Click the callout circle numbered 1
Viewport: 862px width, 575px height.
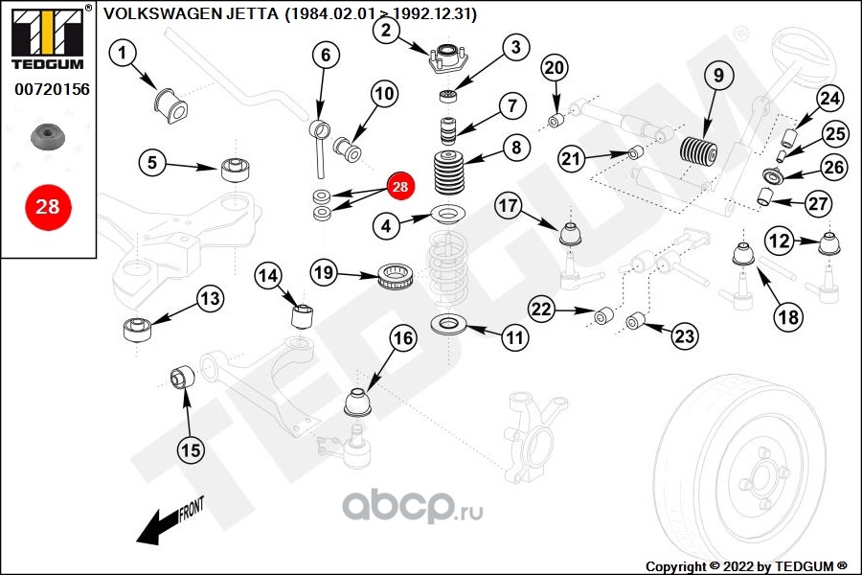122,53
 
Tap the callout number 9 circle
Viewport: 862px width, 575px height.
719,76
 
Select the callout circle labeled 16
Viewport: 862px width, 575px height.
403,338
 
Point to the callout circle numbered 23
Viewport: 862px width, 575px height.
685,335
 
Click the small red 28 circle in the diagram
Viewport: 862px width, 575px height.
400,187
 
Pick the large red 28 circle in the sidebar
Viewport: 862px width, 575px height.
48,207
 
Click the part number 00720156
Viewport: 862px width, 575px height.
52,89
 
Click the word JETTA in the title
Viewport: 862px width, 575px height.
252,13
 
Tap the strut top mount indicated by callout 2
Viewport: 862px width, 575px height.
448,59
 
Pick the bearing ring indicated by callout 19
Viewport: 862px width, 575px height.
395,277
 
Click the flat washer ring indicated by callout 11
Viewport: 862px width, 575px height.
448,324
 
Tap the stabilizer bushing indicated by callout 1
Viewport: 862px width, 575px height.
170,105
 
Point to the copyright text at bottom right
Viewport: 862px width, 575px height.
746,566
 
